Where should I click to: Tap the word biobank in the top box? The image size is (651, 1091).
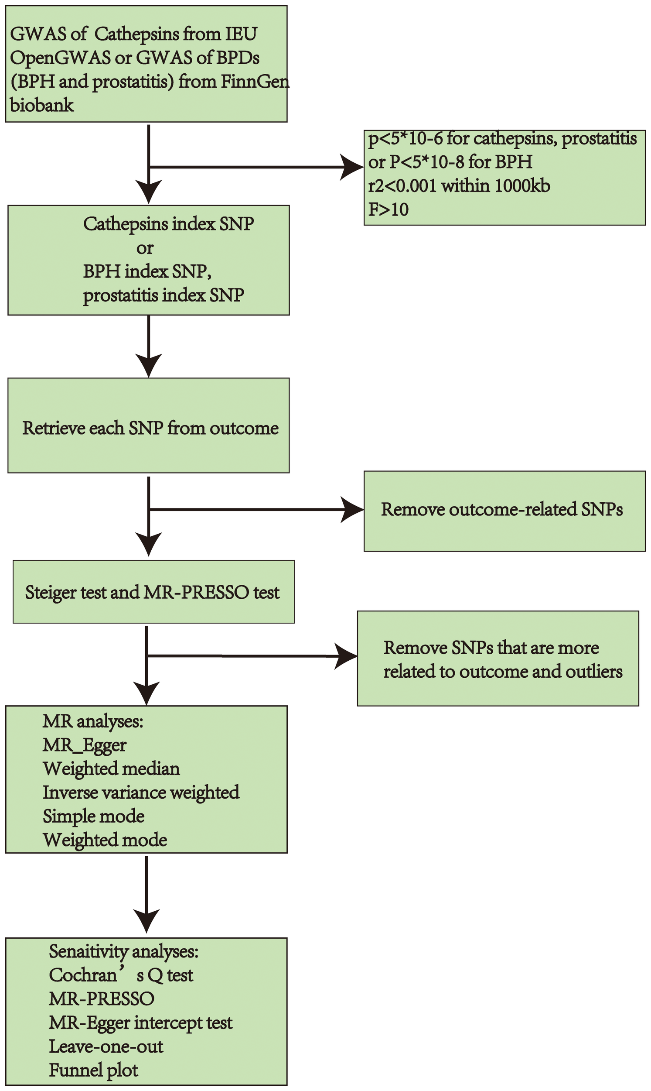coord(42,105)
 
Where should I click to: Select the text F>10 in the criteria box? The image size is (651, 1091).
coord(388,209)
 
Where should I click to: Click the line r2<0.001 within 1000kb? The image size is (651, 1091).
coord(459,186)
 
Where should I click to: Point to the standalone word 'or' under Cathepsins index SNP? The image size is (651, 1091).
coord(145,248)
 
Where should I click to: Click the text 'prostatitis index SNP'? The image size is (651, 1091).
coord(163,295)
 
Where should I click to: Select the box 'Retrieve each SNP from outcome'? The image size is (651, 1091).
coord(148,425)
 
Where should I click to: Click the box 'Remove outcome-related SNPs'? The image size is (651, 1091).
coord(504,511)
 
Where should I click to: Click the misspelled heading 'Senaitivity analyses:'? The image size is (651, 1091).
coord(124,951)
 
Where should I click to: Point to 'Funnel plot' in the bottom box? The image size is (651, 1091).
coord(93,1070)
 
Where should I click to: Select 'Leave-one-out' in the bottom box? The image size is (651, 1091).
coord(106,1046)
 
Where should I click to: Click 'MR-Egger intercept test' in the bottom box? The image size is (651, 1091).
coord(140,1023)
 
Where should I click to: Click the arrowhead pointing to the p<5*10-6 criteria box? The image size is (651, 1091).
coord(352,167)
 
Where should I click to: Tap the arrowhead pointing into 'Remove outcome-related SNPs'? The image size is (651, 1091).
coord(352,510)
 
